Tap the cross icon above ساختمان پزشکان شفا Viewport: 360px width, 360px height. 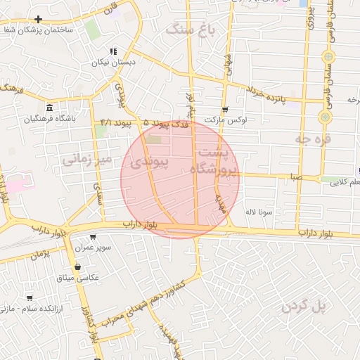coord(38,19)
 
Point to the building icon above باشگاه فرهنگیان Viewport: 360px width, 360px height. coord(49,108)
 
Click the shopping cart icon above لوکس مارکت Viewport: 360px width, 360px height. coord(225,110)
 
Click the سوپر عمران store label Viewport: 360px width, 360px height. coord(93,247)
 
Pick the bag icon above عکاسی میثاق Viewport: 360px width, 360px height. coord(77,266)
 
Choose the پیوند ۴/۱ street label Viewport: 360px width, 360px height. coord(116,123)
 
